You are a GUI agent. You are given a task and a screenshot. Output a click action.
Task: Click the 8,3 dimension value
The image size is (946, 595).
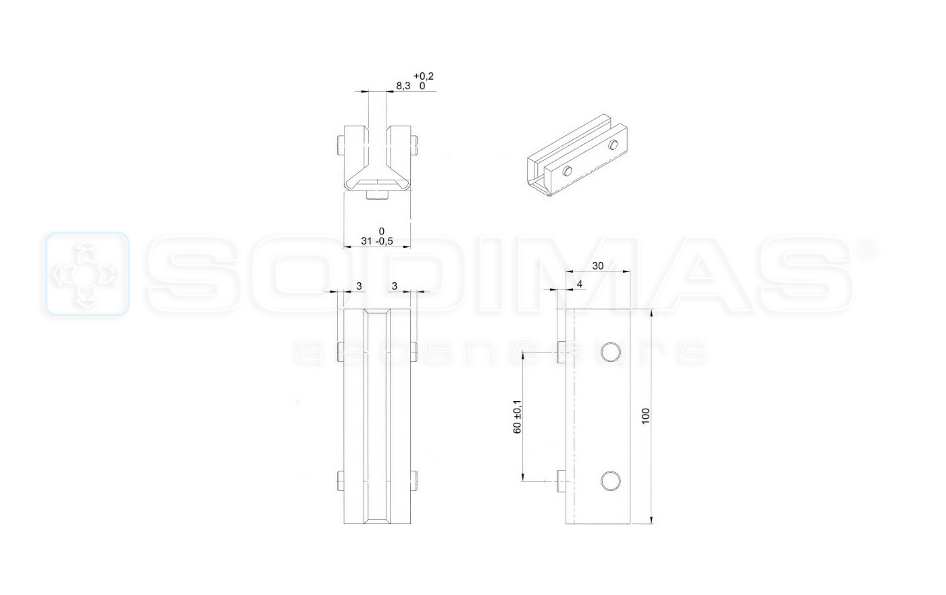(x=403, y=86)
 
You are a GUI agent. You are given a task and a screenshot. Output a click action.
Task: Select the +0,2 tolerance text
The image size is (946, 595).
(x=424, y=76)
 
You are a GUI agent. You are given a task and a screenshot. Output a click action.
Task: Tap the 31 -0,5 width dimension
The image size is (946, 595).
(x=377, y=241)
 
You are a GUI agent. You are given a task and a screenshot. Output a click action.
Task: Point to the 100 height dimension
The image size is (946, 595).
(x=645, y=416)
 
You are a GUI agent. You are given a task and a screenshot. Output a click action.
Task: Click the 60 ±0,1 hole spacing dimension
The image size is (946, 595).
(x=518, y=417)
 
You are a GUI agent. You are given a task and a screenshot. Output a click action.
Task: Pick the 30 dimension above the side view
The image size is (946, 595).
(x=597, y=266)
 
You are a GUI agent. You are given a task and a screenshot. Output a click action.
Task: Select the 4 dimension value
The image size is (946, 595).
(x=580, y=284)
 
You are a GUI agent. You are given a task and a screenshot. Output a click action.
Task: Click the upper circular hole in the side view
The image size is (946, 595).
(x=610, y=352)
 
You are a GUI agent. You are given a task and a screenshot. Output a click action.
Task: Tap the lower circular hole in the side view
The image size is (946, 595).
(x=610, y=481)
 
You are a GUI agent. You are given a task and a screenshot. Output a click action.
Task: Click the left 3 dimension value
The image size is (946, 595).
(x=359, y=286)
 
